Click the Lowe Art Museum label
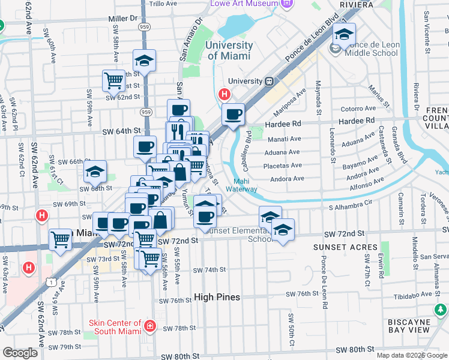coord(244,4)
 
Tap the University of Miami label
coord(229,50)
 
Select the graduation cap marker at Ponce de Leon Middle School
coord(344,35)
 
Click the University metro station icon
coord(270,81)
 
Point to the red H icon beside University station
coord(225,94)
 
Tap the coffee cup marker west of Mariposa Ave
coord(233,115)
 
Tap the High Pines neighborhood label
coord(217,297)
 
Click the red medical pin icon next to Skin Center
coord(149,327)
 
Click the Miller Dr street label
coord(123,19)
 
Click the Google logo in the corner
coord(20,353)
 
